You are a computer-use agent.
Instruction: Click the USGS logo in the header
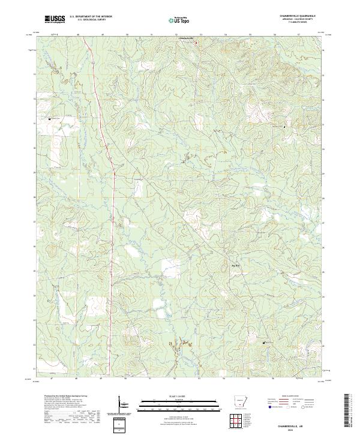pos(55,19)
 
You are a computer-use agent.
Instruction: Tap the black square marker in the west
pos(49,119)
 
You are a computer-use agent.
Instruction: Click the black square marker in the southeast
pos(265,343)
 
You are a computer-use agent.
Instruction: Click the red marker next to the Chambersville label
pos(196,43)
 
